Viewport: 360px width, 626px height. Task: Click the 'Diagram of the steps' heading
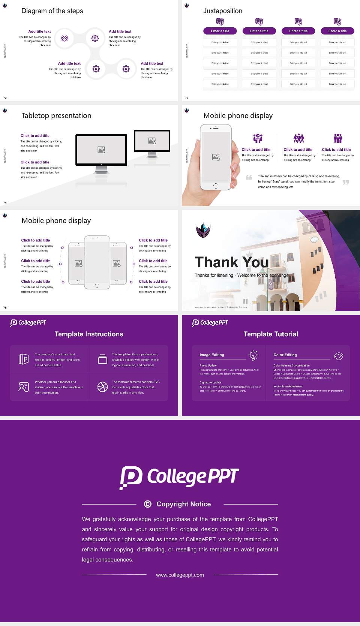(52, 11)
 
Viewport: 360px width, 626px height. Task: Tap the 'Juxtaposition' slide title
(222, 11)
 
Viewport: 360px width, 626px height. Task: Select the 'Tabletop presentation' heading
(56, 116)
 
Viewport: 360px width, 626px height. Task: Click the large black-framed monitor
(101, 150)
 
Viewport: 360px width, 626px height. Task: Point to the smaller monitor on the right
(152, 141)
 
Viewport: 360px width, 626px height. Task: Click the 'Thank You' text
(231, 262)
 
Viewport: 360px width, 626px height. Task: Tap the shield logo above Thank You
(203, 229)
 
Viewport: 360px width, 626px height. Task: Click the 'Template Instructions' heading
(89, 334)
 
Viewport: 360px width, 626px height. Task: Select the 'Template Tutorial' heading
(271, 334)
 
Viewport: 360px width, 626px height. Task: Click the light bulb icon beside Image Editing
(253, 355)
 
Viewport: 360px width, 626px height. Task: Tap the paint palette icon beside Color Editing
(339, 356)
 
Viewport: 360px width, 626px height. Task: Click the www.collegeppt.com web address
(180, 575)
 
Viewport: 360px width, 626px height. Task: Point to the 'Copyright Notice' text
(183, 504)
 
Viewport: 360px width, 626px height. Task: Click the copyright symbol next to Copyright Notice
(148, 504)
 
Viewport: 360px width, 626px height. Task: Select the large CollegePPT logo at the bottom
(179, 477)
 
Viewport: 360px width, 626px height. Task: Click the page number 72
(5, 97)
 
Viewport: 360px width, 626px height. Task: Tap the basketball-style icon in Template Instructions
(102, 387)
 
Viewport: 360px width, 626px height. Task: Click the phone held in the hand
(216, 157)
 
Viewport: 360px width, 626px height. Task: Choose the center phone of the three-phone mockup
(97, 262)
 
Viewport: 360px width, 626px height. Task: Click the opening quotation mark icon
(249, 177)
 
